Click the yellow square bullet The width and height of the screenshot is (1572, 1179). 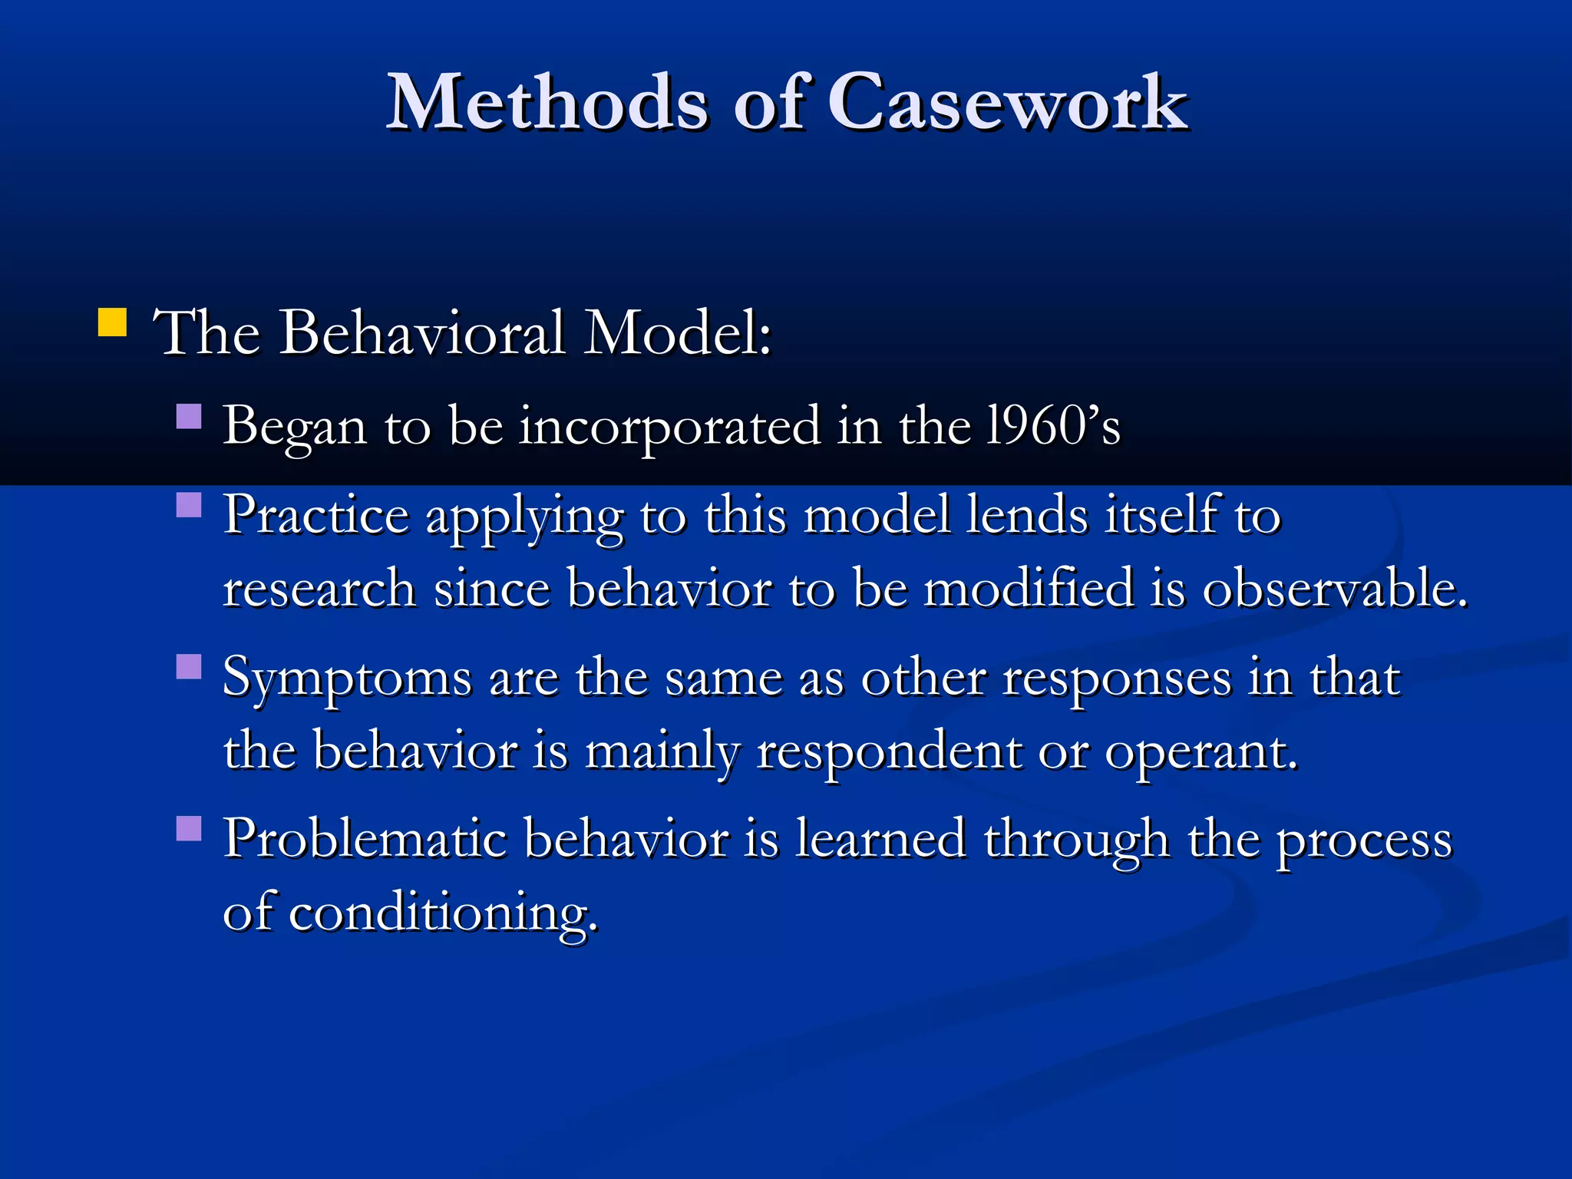(x=112, y=323)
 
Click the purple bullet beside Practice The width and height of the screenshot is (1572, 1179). (x=189, y=505)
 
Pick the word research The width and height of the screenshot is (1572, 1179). (x=319, y=589)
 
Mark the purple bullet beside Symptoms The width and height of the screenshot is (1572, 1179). (x=189, y=666)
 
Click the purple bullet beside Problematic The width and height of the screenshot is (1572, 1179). (x=189, y=828)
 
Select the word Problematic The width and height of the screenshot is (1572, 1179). (x=365, y=838)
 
